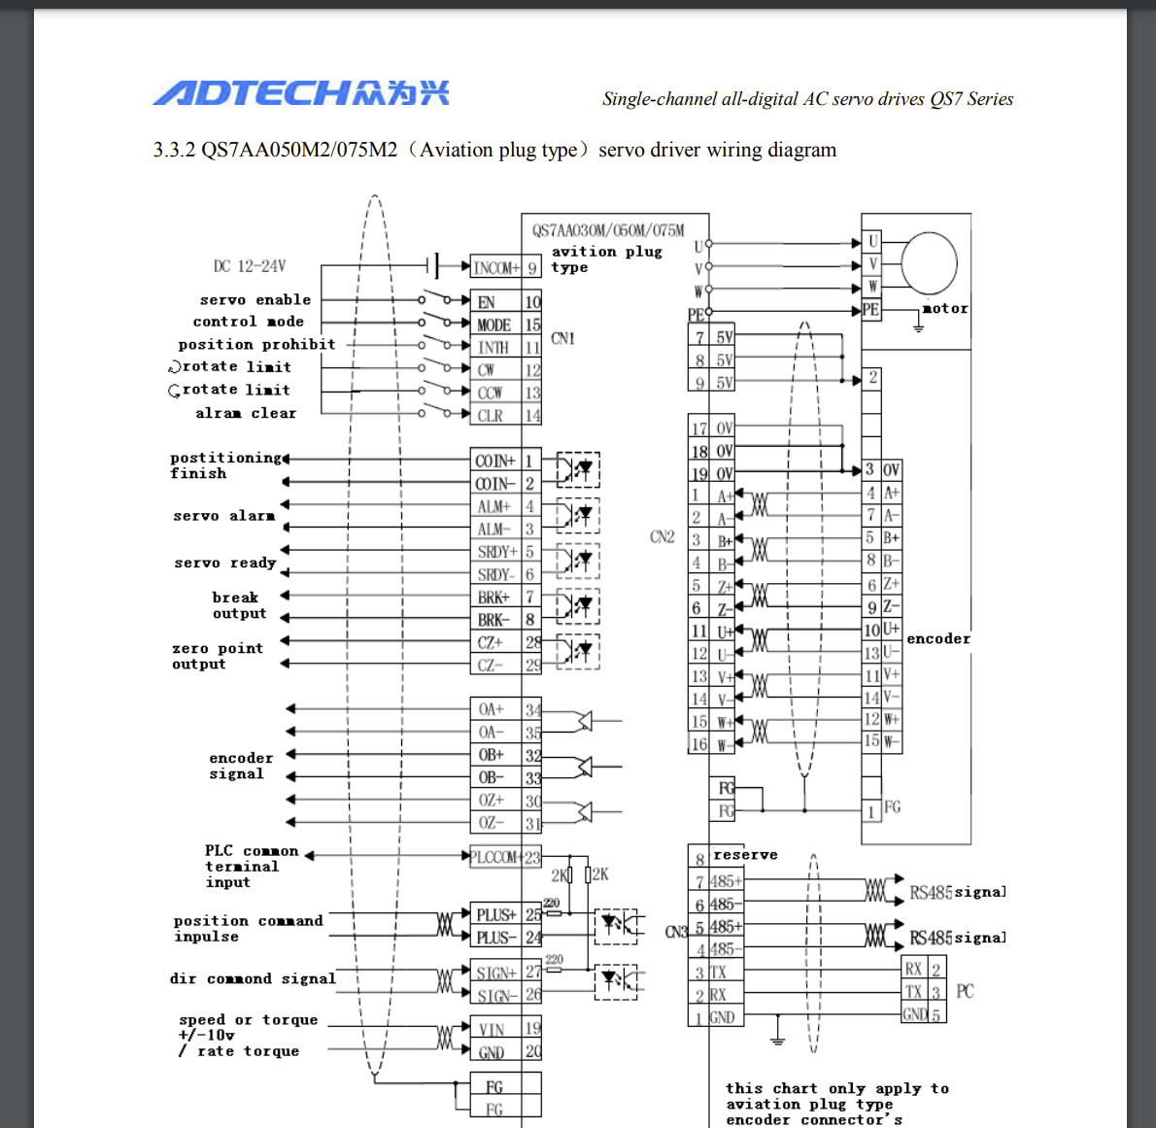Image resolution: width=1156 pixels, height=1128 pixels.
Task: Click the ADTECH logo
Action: [300, 92]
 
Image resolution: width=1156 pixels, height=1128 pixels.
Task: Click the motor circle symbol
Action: [929, 262]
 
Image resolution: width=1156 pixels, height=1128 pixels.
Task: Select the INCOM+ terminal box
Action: [496, 267]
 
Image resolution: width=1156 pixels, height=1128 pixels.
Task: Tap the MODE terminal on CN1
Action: [494, 325]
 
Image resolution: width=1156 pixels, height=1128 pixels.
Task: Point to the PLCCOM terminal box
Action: [494, 857]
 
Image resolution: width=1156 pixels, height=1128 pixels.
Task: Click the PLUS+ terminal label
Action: [495, 914]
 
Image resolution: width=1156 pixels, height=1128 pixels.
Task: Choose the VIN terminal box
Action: [493, 1029]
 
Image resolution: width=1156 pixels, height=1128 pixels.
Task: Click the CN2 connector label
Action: [662, 537]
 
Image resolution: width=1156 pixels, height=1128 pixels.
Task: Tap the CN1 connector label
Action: [562, 338]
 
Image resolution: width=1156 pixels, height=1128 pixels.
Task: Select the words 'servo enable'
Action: [255, 300]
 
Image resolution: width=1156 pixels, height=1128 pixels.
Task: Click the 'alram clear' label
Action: [246, 413]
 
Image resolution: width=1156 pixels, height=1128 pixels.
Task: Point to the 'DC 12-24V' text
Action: [250, 266]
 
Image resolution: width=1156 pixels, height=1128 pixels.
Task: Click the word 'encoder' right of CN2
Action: [938, 638]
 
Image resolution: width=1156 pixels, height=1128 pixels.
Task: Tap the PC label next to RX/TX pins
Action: [965, 991]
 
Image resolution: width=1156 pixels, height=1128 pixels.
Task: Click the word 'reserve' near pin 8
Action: [745, 855]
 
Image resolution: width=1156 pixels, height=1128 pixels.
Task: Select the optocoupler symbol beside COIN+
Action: [578, 470]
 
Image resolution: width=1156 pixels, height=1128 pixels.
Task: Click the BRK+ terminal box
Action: [494, 598]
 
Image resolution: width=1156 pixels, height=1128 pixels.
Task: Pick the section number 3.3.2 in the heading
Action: [174, 150]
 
